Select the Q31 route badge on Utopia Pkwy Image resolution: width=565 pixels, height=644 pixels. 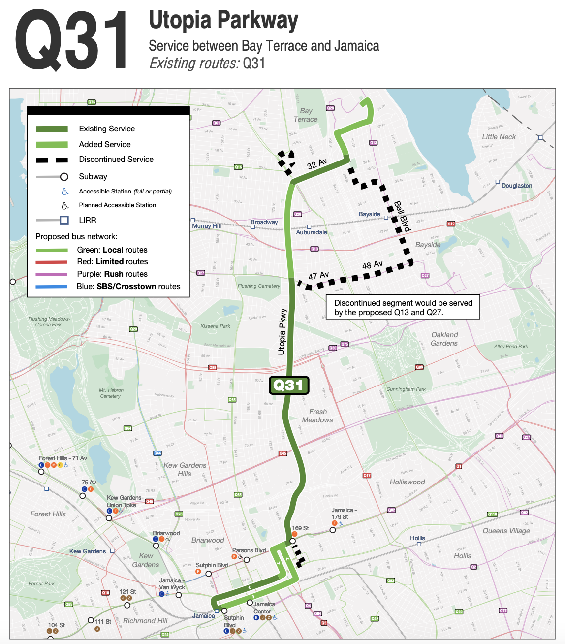[x=289, y=385]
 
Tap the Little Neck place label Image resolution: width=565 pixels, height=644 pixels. [x=499, y=137]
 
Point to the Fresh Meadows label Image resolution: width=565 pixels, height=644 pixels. [x=317, y=416]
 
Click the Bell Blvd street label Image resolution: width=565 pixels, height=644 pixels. [x=402, y=216]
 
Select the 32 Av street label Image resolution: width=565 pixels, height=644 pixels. [x=317, y=164]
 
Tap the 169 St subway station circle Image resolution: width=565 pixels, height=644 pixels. [x=292, y=541]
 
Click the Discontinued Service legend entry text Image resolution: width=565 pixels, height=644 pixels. [x=116, y=160]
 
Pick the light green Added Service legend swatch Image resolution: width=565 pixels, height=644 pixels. [x=52, y=145]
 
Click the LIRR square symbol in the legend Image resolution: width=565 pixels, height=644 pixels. [x=64, y=220]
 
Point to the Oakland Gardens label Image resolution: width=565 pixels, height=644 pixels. [x=444, y=339]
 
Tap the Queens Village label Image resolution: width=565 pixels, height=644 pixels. [x=506, y=531]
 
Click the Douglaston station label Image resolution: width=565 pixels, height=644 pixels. [x=517, y=186]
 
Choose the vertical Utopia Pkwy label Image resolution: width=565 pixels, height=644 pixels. [x=282, y=331]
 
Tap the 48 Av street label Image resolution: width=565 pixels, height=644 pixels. [x=372, y=265]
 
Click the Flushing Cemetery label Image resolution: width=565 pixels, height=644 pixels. [x=258, y=286]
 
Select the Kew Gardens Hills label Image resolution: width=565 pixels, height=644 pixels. [x=185, y=469]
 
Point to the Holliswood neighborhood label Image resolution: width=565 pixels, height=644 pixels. [x=407, y=482]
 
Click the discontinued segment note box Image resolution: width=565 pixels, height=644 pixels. [x=403, y=308]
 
